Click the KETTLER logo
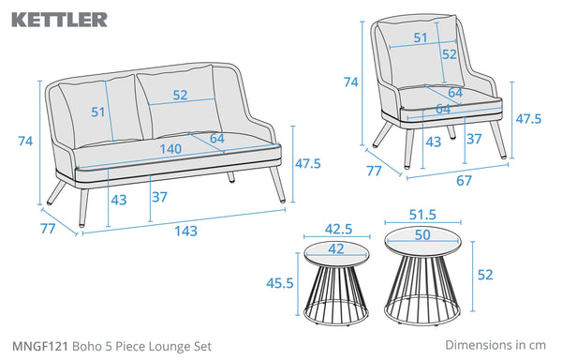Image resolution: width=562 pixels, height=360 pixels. [x=60, y=20]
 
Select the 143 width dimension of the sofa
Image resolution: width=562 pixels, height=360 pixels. [x=186, y=231]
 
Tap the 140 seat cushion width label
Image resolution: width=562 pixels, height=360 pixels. [x=170, y=149]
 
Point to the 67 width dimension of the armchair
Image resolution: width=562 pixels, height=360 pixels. [x=464, y=180]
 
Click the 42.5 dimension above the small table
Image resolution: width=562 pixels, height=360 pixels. [x=338, y=229]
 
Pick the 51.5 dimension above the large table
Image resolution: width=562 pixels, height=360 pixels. [x=422, y=215]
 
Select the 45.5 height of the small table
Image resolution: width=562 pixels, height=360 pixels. [x=280, y=283]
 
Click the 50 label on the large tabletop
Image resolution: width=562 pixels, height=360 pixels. [x=422, y=235]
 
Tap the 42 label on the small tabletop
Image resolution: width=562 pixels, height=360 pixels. [x=336, y=248]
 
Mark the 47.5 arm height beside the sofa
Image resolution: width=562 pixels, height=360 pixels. [x=308, y=163]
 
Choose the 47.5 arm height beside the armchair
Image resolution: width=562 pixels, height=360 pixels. [x=528, y=119]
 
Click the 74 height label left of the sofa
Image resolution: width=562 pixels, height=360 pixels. [x=25, y=142]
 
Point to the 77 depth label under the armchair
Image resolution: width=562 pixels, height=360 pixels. [x=374, y=171]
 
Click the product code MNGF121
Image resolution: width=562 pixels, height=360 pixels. [x=39, y=346]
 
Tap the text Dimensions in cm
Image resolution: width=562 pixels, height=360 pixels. [x=495, y=345]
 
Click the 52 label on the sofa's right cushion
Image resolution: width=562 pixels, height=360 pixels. [x=180, y=95]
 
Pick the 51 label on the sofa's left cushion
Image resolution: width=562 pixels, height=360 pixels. [x=97, y=112]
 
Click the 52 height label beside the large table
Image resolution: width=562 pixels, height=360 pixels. [x=485, y=275]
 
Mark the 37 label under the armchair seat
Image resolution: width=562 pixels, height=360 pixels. [x=474, y=139]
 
